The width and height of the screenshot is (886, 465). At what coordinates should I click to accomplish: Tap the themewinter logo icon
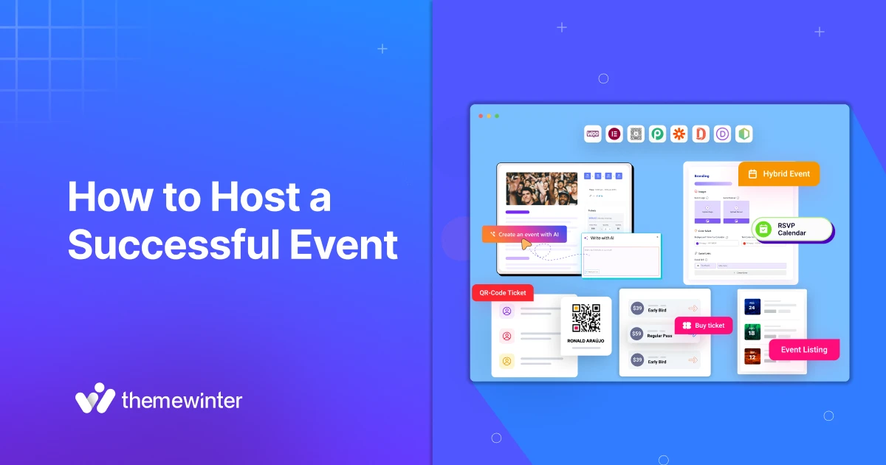point(94,399)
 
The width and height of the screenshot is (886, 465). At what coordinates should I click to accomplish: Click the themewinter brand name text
point(181,401)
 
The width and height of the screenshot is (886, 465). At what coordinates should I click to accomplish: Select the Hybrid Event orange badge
point(779,174)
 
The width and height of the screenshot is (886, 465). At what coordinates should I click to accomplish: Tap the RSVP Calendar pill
point(792,229)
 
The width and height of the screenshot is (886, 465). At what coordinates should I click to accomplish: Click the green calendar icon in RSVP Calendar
point(764,229)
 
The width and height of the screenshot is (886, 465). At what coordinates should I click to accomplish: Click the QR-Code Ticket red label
point(503,293)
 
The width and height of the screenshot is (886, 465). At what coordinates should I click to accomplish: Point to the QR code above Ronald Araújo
point(585,317)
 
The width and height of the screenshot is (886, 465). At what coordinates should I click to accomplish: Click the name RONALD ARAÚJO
point(585,340)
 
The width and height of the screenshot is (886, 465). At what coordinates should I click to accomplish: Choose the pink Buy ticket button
point(704,325)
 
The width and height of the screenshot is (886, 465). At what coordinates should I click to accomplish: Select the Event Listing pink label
point(804,350)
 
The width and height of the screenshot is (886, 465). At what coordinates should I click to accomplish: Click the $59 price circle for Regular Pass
point(636,334)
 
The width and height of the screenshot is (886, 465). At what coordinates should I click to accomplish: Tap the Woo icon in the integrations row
point(593,134)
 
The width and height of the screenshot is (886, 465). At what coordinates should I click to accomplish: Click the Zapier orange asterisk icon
point(679,134)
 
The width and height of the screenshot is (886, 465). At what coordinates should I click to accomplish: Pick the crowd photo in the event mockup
point(542,189)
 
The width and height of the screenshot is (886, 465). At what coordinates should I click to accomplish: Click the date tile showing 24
point(752,306)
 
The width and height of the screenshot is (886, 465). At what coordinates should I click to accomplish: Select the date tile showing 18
point(752,332)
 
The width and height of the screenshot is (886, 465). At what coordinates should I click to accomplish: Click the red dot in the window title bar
point(481,116)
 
